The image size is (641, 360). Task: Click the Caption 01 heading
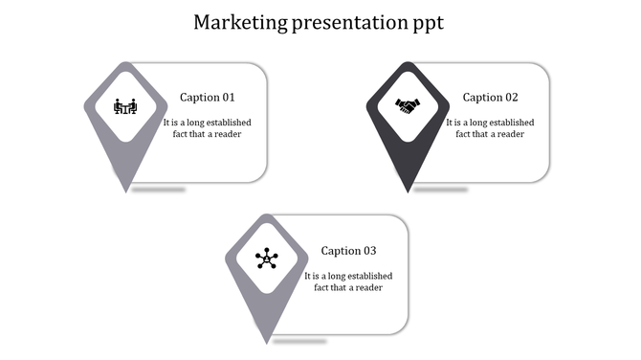pyautogui.click(x=207, y=98)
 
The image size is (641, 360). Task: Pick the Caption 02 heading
pyautogui.click(x=490, y=98)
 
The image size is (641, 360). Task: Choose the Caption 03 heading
pyautogui.click(x=348, y=252)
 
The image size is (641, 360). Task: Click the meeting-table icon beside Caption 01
pyautogui.click(x=125, y=105)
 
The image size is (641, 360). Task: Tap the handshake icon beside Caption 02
pyautogui.click(x=409, y=106)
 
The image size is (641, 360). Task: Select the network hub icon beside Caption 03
pyautogui.click(x=267, y=259)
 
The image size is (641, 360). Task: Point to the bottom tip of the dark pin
pyautogui.click(x=409, y=191)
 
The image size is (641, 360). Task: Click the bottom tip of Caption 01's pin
pyautogui.click(x=126, y=191)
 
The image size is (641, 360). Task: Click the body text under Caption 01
pyautogui.click(x=207, y=128)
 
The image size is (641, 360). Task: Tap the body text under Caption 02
pyautogui.click(x=490, y=128)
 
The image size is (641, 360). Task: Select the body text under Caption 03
pyautogui.click(x=348, y=282)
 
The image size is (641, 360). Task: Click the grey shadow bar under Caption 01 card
pyautogui.click(x=159, y=190)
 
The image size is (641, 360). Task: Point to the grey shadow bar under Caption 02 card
pyautogui.click(x=441, y=190)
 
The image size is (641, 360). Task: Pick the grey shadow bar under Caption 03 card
pyautogui.click(x=300, y=341)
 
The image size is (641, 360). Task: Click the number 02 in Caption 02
pyautogui.click(x=511, y=98)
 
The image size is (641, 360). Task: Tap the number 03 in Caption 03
pyautogui.click(x=369, y=252)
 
